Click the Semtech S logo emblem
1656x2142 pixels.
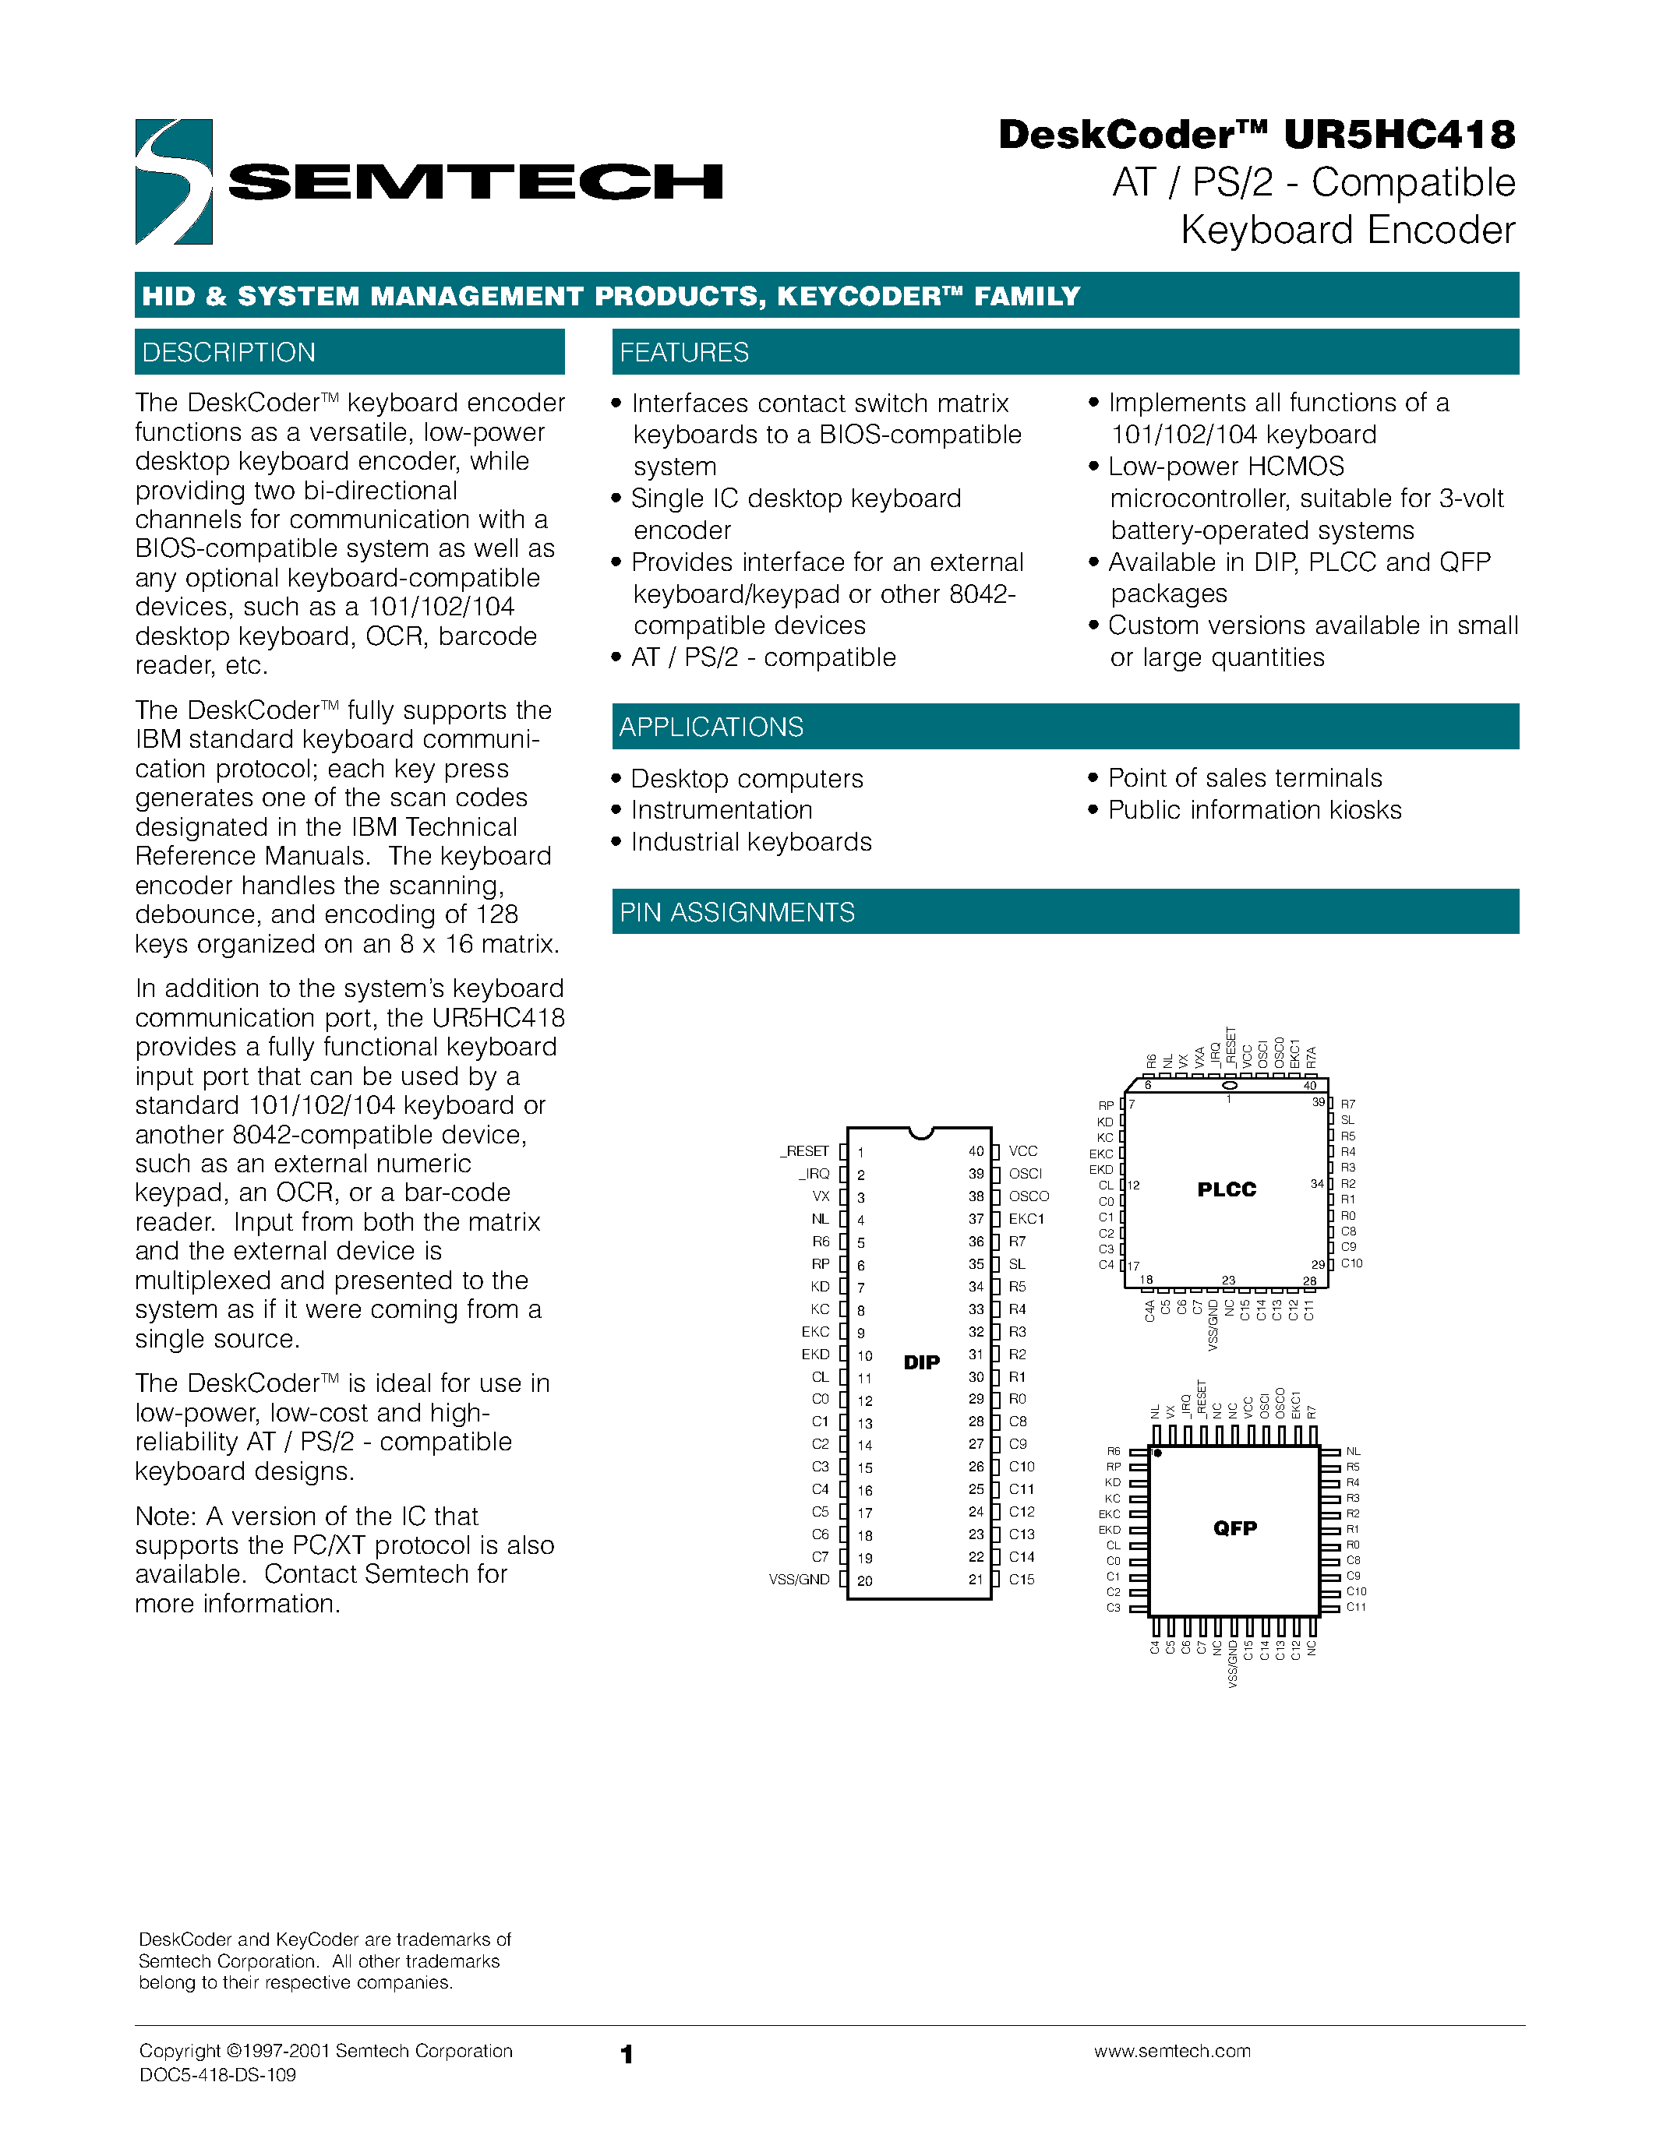[174, 181]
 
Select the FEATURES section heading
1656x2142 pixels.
[683, 352]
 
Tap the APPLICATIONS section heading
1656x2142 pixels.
[711, 727]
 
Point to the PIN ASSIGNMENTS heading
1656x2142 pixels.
[736, 912]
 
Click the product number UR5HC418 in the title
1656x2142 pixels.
[1399, 136]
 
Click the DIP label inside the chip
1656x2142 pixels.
[921, 1362]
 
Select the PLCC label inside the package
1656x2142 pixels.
[1227, 1189]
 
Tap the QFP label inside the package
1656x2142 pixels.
[1234, 1528]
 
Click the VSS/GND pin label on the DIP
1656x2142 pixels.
[800, 1580]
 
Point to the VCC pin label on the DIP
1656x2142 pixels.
[1022, 1151]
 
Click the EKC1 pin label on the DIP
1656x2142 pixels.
[1026, 1219]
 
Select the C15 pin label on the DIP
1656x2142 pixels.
[1022, 1580]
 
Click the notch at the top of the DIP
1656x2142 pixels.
[920, 1133]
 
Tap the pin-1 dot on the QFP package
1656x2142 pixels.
[1157, 1453]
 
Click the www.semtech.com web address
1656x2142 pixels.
[1172, 2051]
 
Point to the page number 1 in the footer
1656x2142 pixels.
[627, 2054]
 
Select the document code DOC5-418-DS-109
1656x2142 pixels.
[217, 2074]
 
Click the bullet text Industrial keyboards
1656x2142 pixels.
[750, 843]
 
